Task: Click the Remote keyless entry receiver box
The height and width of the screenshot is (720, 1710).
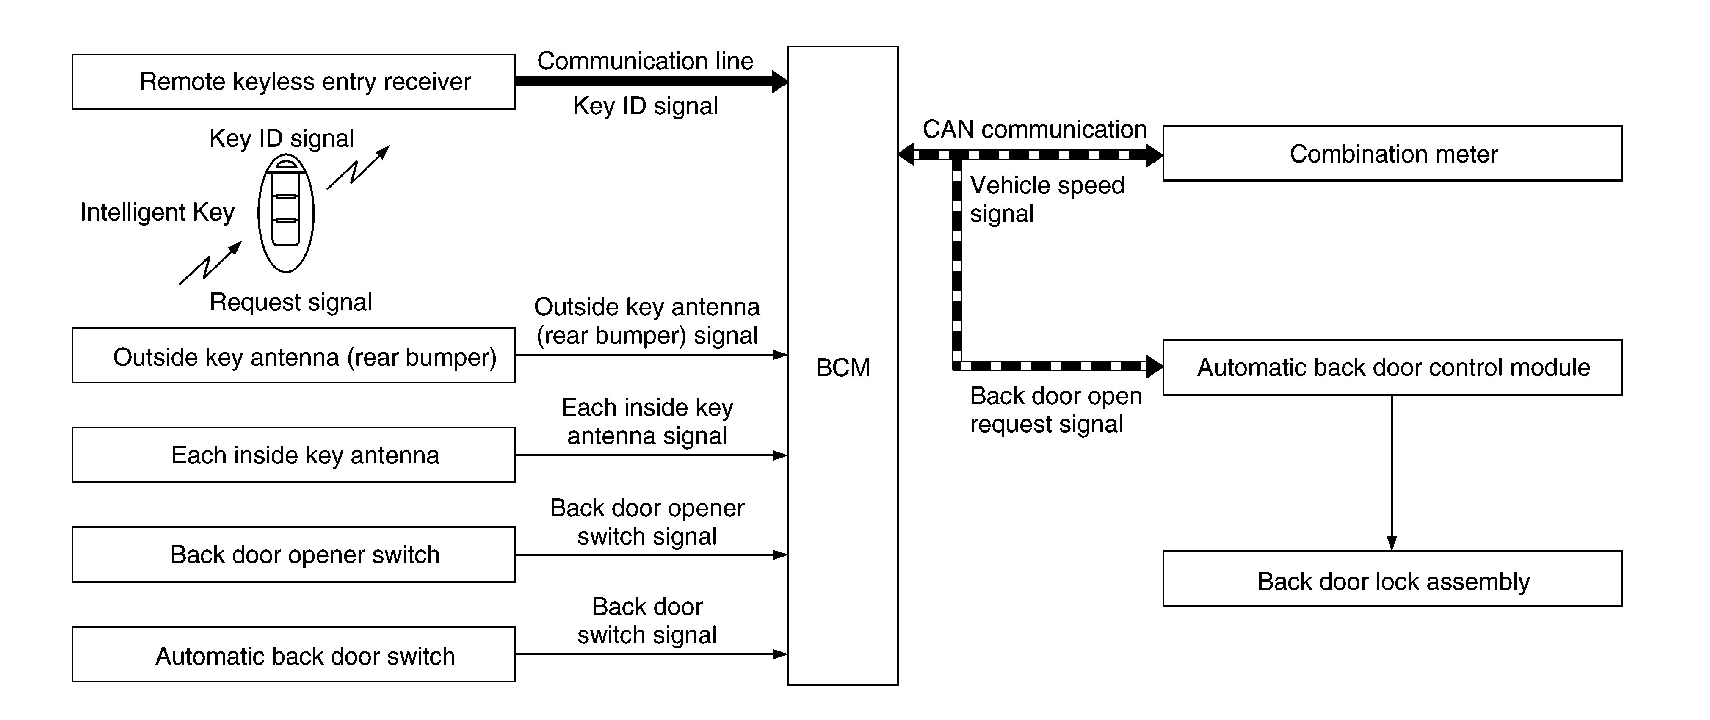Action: tap(293, 82)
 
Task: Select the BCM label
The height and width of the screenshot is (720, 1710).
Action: tap(843, 368)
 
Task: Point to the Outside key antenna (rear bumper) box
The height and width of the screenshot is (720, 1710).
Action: tap(293, 355)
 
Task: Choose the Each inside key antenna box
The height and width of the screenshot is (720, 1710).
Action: tap(293, 455)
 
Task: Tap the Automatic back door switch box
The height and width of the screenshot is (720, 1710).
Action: tap(293, 654)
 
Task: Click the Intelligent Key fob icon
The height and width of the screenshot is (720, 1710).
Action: tap(285, 213)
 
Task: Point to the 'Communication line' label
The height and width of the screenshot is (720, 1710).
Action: tap(645, 61)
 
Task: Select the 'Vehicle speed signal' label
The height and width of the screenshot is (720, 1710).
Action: tap(1047, 199)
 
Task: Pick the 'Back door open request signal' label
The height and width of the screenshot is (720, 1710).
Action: tap(1055, 409)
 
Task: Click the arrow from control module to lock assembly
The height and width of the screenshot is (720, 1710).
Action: tap(1391, 472)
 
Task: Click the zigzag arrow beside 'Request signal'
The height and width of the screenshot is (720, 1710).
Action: tap(210, 263)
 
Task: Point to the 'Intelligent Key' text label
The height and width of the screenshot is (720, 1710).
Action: tap(157, 212)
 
